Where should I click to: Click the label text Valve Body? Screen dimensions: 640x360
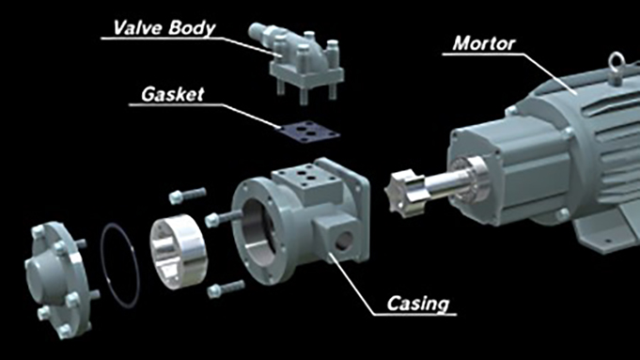[164, 28]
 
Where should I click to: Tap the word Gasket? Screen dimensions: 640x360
[172, 94]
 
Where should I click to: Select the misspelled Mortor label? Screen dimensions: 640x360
[484, 43]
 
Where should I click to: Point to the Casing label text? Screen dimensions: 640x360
[418, 304]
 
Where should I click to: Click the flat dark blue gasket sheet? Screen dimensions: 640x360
[308, 131]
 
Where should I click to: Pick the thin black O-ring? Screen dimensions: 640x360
[120, 265]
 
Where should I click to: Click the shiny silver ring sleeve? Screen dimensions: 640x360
[179, 251]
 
